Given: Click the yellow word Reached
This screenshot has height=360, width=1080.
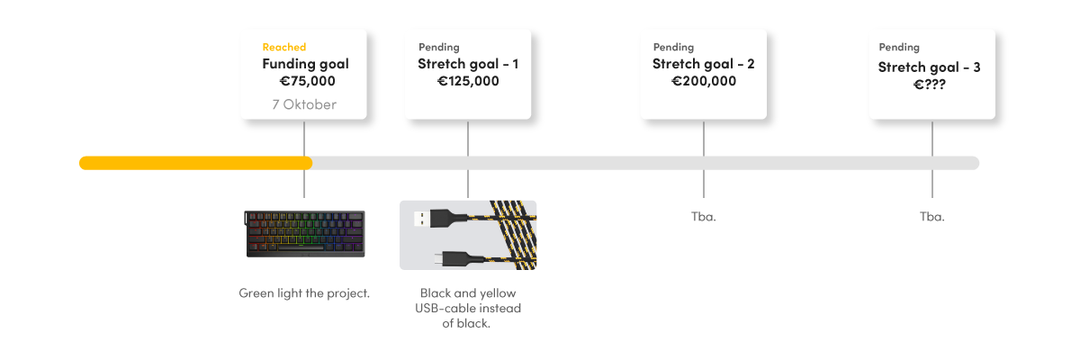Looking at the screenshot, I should pyautogui.click(x=283, y=47).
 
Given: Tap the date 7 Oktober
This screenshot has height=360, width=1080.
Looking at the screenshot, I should pyautogui.click(x=304, y=104).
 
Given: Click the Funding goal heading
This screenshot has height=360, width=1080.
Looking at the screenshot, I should pyautogui.click(x=305, y=64).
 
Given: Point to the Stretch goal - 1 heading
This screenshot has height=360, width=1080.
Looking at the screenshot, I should pyautogui.click(x=468, y=64).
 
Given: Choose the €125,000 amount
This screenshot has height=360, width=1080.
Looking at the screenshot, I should pyautogui.click(x=468, y=81).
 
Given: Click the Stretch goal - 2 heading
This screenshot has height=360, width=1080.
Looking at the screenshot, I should pyautogui.click(x=703, y=64).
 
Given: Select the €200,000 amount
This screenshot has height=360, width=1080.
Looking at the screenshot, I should pyautogui.click(x=704, y=81).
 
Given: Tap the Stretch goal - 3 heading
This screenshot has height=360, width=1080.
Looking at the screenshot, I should pyautogui.click(x=930, y=67).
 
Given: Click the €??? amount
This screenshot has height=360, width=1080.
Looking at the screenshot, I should pyautogui.click(x=930, y=85).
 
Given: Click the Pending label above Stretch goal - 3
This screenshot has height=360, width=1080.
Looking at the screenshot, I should pyautogui.click(x=899, y=47).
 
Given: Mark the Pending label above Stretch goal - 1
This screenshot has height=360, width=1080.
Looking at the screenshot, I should pyautogui.click(x=438, y=47).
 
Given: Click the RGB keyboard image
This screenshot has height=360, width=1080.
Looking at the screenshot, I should pyautogui.click(x=304, y=234).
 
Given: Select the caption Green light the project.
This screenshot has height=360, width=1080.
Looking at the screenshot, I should pyautogui.click(x=304, y=293).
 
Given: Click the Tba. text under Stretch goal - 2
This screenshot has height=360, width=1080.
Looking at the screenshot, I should pyautogui.click(x=703, y=217).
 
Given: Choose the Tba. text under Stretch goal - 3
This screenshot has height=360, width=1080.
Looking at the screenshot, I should pyautogui.click(x=931, y=217).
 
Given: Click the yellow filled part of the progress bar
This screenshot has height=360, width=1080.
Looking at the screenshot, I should pyautogui.click(x=195, y=163).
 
